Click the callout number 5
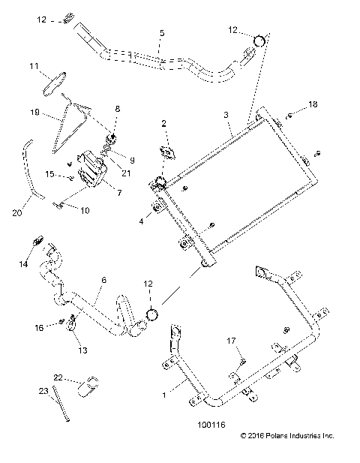[x=161, y=34]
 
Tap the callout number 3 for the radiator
[x=225, y=114]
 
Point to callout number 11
[x=34, y=67]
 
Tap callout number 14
[x=22, y=264]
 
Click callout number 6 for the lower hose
[x=103, y=280]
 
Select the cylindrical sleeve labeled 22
[x=91, y=385]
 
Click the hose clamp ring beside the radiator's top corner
[x=258, y=41]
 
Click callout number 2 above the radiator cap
[x=163, y=122]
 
